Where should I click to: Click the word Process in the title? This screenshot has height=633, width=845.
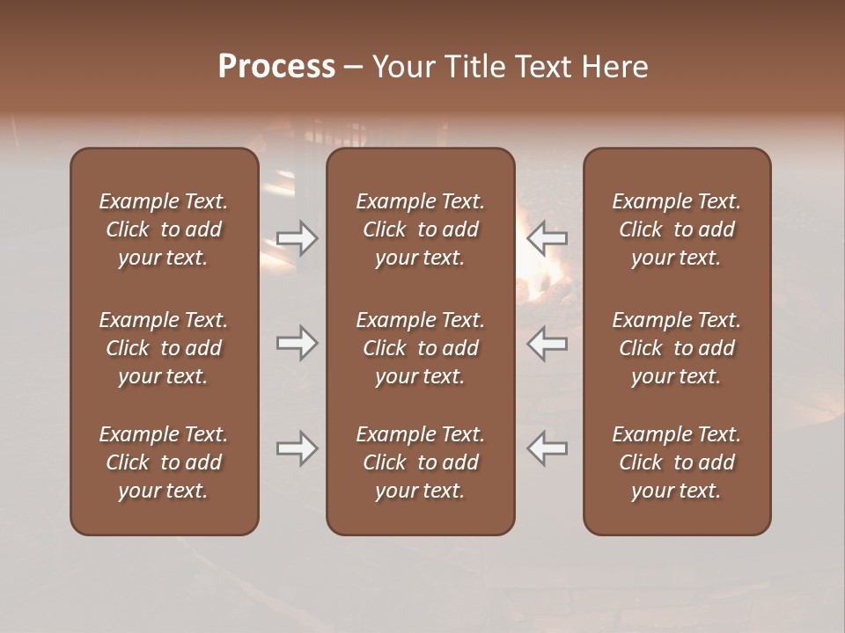coord(276,67)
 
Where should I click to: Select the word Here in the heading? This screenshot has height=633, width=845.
coord(615,67)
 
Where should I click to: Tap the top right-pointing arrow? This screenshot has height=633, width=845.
coord(297,237)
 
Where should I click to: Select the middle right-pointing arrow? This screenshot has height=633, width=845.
coord(297,343)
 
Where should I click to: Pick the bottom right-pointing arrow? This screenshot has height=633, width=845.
coord(297,448)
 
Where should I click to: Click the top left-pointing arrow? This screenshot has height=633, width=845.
coord(547,237)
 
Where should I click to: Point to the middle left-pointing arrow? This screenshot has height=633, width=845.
coord(547,343)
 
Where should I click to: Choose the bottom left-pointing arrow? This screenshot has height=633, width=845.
coord(547,448)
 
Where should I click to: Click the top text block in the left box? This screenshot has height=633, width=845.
coord(164,229)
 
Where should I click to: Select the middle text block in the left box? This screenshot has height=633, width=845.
coord(164,348)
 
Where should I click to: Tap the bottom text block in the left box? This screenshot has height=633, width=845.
coord(164,462)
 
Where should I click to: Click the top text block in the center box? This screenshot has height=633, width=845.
coord(421,229)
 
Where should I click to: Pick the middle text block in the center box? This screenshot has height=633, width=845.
coord(421,348)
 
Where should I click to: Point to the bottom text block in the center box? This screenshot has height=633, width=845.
coord(421,462)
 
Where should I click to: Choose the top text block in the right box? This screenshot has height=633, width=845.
coord(677,229)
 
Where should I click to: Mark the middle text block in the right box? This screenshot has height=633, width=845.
coord(677,348)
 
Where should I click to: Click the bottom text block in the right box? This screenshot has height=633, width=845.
coord(677,462)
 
